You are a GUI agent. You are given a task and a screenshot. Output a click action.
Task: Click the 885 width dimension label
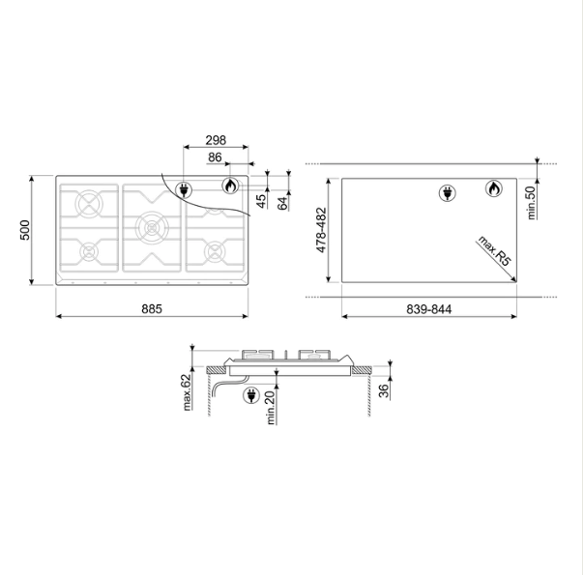coord(152,309)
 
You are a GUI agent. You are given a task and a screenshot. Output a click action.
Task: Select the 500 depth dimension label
coord(24,230)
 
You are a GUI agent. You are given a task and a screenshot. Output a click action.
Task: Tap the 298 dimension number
coord(216,140)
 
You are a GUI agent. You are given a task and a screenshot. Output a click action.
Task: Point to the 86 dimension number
coord(215,158)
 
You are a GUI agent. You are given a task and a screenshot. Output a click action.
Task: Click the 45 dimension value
coord(261,201)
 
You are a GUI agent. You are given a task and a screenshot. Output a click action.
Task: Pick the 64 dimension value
coord(282,204)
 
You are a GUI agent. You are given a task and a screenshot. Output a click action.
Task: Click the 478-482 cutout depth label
coord(321,230)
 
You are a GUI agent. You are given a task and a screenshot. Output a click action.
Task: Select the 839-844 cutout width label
coord(428,309)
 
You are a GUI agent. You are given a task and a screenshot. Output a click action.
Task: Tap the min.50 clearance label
coord(531,203)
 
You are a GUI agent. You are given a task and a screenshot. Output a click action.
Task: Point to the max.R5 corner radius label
coord(494,251)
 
